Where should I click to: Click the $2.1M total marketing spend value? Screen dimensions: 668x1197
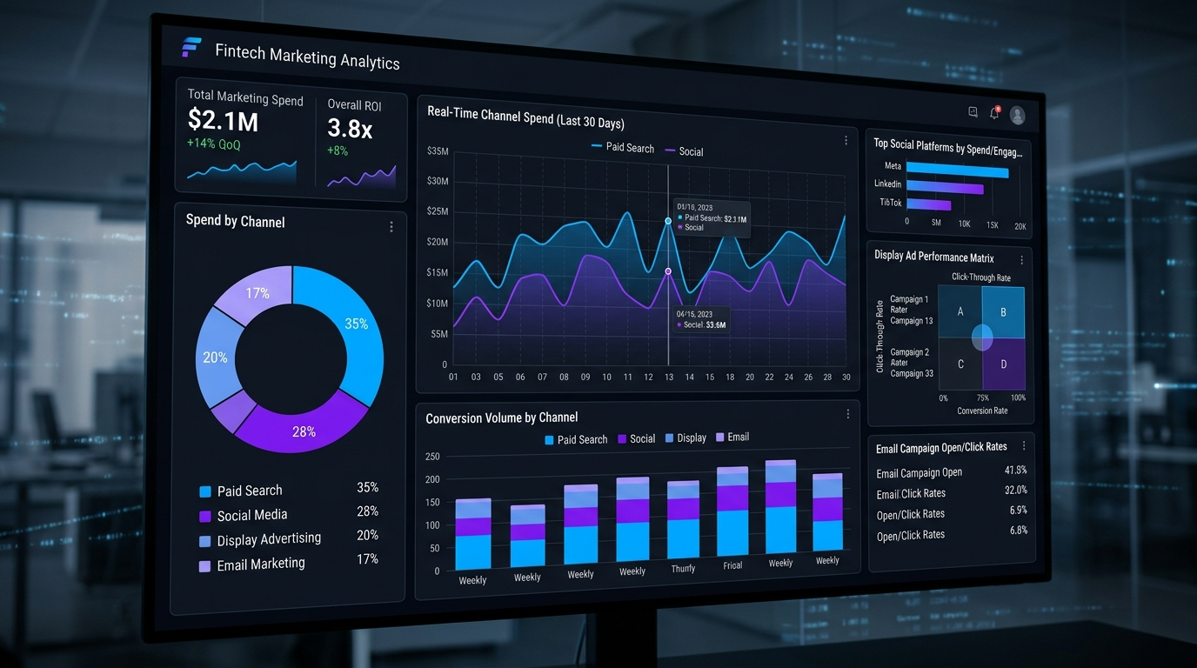(x=223, y=120)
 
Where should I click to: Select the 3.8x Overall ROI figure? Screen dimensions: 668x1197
(x=350, y=129)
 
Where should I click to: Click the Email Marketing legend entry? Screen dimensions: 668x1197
(x=261, y=564)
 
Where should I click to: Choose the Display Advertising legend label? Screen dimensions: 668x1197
(x=269, y=539)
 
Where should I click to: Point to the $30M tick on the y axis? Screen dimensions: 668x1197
(x=438, y=181)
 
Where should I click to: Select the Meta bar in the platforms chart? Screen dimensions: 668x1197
(x=957, y=170)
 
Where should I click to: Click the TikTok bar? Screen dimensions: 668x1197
(x=929, y=205)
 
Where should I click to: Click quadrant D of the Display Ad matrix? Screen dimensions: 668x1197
(x=1003, y=364)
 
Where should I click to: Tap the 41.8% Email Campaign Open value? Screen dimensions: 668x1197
(x=1015, y=471)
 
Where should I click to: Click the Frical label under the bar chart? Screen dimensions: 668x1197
(x=732, y=565)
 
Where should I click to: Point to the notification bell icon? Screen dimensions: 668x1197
(x=994, y=112)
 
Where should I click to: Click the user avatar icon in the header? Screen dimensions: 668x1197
(x=1017, y=115)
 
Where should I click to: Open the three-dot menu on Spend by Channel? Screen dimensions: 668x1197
(x=391, y=227)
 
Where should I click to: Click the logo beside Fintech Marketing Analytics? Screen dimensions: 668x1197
(x=191, y=48)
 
